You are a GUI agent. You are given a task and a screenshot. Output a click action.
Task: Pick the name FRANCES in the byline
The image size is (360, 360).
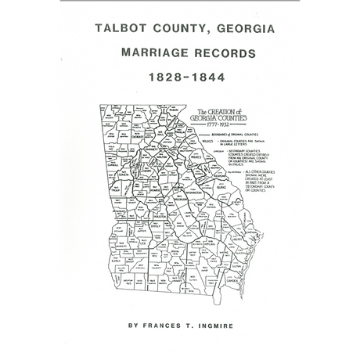click(x=165, y=322)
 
